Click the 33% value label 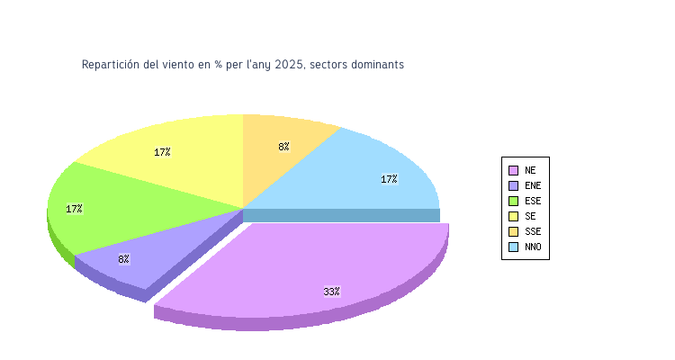pos(331,292)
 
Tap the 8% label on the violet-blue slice pos(123,259)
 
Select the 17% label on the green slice pos(74,209)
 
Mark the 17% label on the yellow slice pos(162,152)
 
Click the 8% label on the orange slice pos(283,146)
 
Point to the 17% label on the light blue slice pos(389,179)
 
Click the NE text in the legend pos(530,170)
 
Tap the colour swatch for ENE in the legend pos(513,185)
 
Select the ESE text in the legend pos(533,201)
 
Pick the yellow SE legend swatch pos(513,216)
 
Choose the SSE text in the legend pos(533,231)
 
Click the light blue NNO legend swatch pos(513,247)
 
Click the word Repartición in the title pos(111,65)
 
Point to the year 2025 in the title pos(288,65)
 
